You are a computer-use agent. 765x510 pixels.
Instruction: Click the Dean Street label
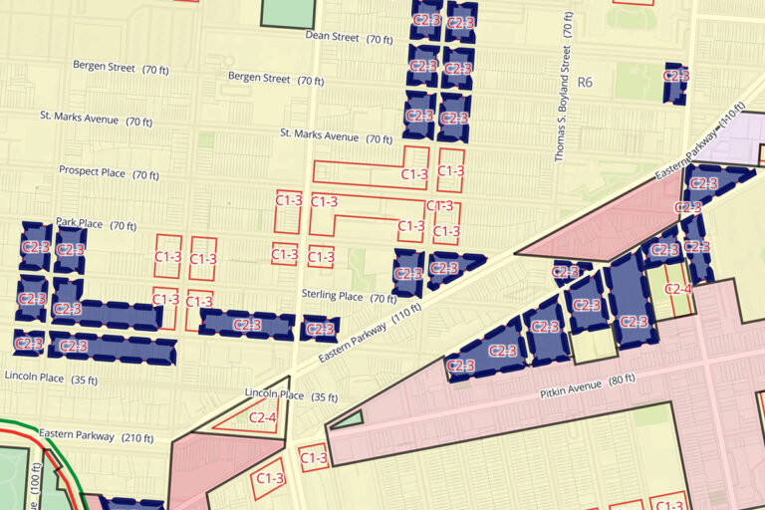point(332,37)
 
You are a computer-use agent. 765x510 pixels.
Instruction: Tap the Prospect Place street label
point(92,172)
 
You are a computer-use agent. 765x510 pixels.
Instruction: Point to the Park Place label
point(80,223)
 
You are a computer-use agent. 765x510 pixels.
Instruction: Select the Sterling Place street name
point(333,296)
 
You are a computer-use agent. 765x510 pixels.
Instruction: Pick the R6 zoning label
point(584,82)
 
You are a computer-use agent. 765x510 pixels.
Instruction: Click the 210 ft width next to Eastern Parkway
point(137,437)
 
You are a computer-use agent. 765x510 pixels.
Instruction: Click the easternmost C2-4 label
point(677,290)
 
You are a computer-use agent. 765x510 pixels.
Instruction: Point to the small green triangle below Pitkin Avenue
point(346,419)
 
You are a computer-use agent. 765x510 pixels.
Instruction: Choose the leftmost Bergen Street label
point(104,66)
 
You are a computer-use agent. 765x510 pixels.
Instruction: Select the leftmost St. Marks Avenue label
point(93,119)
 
